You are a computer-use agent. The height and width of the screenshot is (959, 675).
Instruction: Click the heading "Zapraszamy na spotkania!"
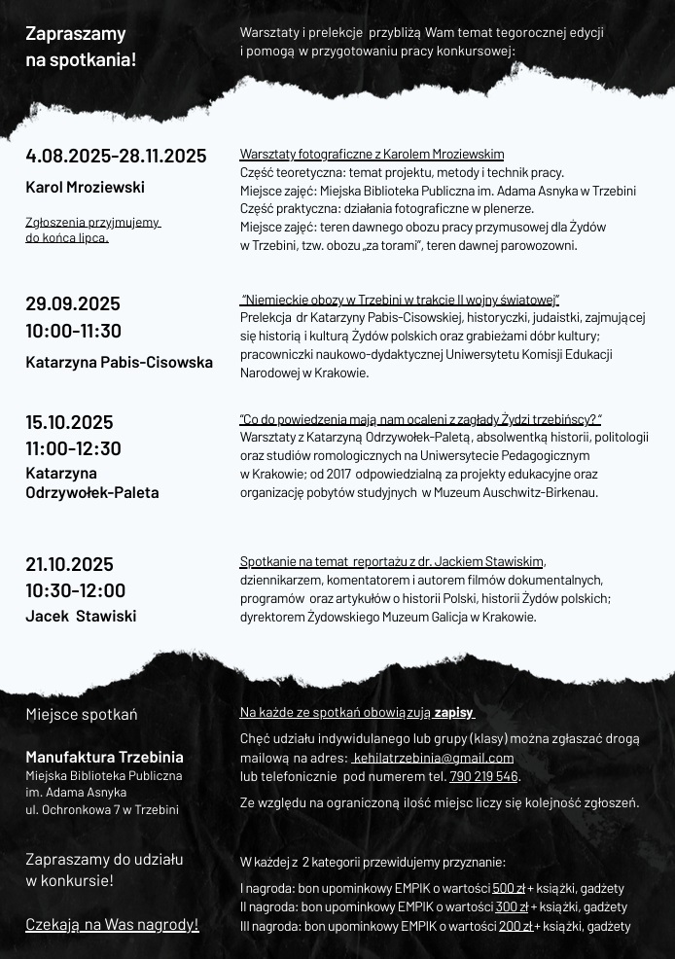[x=81, y=47]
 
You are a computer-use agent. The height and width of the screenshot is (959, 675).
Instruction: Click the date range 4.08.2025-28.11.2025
[x=116, y=156]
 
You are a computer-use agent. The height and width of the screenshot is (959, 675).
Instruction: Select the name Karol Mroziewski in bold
[x=85, y=187]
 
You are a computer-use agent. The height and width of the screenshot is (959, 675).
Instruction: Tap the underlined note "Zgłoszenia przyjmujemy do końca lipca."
[x=92, y=230]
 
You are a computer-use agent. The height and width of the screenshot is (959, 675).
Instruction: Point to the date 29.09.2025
[x=73, y=303]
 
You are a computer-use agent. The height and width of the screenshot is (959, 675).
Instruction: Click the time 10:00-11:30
[x=73, y=331]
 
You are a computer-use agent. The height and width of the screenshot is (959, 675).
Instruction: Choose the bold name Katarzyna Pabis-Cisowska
[x=119, y=362]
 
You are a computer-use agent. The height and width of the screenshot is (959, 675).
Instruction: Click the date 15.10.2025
[x=69, y=422]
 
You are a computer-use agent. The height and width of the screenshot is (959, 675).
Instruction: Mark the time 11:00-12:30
[x=73, y=448]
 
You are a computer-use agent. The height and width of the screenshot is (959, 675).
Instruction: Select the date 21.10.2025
[x=69, y=564]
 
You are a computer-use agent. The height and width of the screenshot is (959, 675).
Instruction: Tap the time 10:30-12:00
[x=75, y=590]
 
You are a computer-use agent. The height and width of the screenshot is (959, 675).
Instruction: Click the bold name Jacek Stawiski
[x=81, y=616]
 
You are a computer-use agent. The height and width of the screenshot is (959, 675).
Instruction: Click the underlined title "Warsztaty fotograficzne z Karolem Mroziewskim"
[x=372, y=154]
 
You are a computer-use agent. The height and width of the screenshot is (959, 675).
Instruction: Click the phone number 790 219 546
[x=483, y=776]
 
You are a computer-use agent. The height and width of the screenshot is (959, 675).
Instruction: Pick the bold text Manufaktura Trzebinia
[x=104, y=757]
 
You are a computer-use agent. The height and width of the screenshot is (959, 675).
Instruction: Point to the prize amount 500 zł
[x=509, y=888]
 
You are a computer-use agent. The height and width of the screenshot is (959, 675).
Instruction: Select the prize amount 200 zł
[x=515, y=926]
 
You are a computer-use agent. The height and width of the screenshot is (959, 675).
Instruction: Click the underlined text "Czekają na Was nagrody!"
[x=112, y=924]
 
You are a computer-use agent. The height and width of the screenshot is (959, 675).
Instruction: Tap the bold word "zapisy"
[x=454, y=712]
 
